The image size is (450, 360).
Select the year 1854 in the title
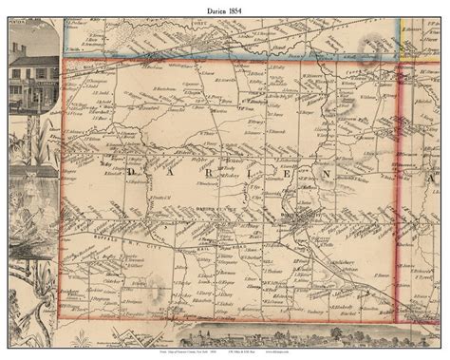pyautogui.click(x=238, y=9)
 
